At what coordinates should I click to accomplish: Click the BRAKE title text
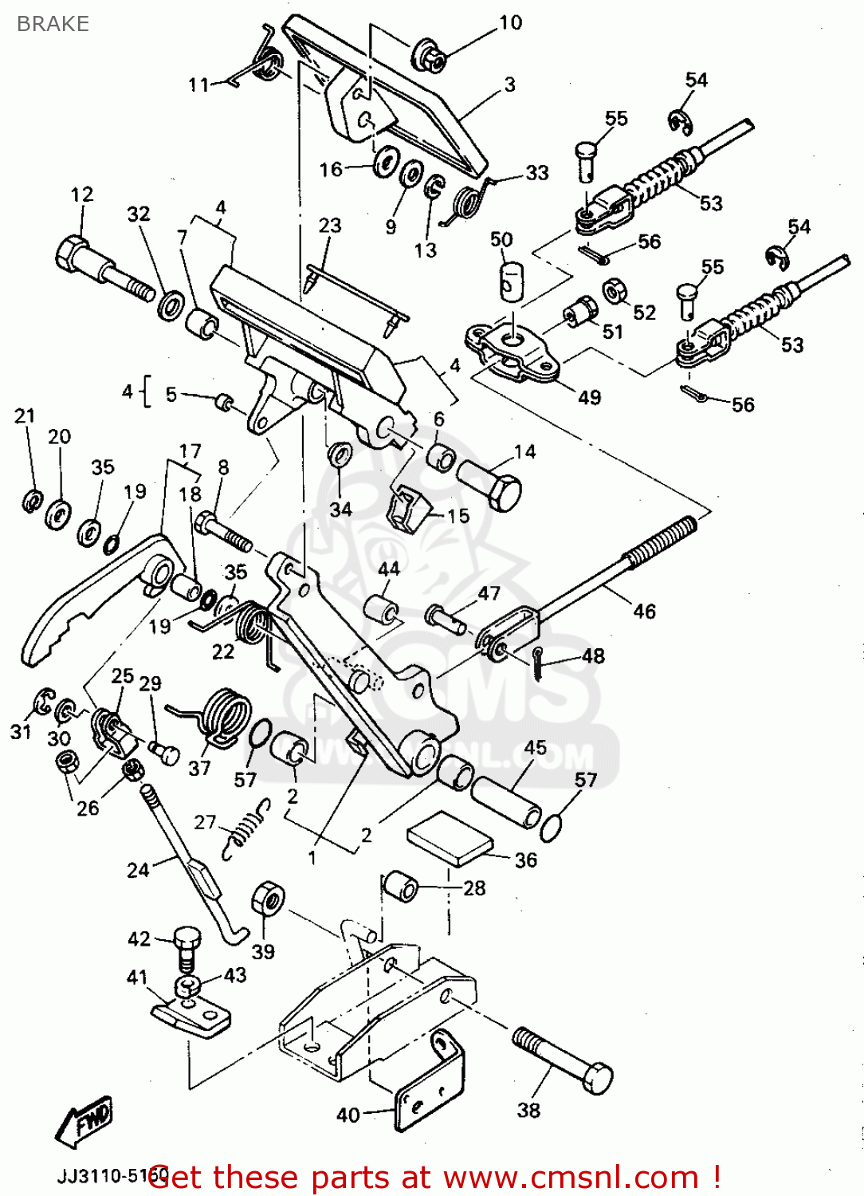tap(53, 24)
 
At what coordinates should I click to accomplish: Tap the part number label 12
tap(81, 195)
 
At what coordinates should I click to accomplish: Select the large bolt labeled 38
tap(562, 1060)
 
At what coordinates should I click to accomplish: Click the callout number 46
tap(644, 612)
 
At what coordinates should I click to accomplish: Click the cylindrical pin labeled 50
tap(509, 282)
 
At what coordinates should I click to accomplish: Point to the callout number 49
tap(589, 397)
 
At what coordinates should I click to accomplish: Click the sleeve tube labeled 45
tap(505, 802)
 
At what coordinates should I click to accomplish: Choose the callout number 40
tap(348, 1114)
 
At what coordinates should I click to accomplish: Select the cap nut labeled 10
tap(427, 56)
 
